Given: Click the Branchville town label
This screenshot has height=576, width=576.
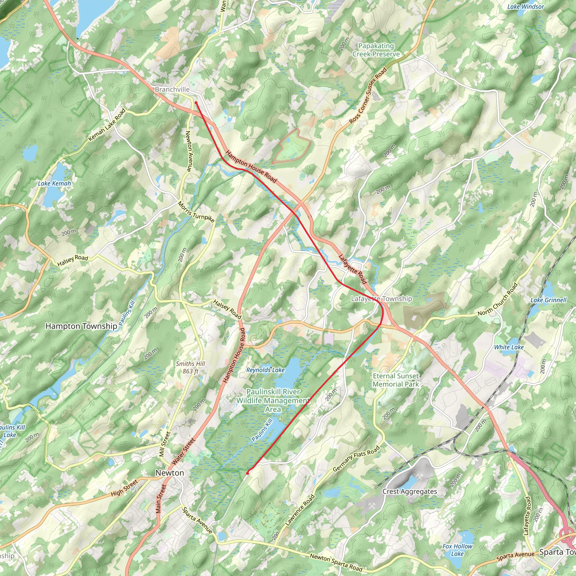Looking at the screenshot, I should pos(172,89).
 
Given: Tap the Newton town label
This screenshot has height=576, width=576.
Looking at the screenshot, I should pos(170,473).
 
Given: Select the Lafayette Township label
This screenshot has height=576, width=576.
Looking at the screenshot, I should pos(381,299).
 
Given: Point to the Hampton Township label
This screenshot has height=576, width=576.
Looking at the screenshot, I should pos(81,326).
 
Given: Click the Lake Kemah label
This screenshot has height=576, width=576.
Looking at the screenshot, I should pos(54,183).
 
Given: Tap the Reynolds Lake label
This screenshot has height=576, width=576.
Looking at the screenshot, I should pos(265,370).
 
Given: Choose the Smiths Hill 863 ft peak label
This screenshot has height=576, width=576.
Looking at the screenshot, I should pos(190,367).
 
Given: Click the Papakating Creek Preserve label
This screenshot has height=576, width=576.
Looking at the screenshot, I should pos(376,50).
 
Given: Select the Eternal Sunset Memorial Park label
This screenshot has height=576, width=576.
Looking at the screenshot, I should pos(396,380).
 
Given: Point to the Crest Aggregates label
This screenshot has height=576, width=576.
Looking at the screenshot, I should pos(409,491).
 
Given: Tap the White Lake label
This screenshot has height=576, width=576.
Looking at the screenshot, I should pos(509,347).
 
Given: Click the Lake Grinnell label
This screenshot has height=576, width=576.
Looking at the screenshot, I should pos(548,300).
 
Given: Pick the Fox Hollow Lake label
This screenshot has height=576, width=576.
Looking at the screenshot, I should pos(457,550).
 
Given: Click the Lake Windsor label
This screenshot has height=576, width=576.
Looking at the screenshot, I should pos(526,6).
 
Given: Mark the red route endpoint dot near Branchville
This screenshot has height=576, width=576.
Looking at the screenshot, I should pos(196,103).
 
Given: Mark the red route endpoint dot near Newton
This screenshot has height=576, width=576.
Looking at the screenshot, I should pos(247,473).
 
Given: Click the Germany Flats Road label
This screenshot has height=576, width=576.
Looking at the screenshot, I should pos(356,458).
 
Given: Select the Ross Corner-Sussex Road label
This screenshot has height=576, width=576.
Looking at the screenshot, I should pos(368,95).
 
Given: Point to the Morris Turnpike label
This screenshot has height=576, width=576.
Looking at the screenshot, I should pos(196,212).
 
